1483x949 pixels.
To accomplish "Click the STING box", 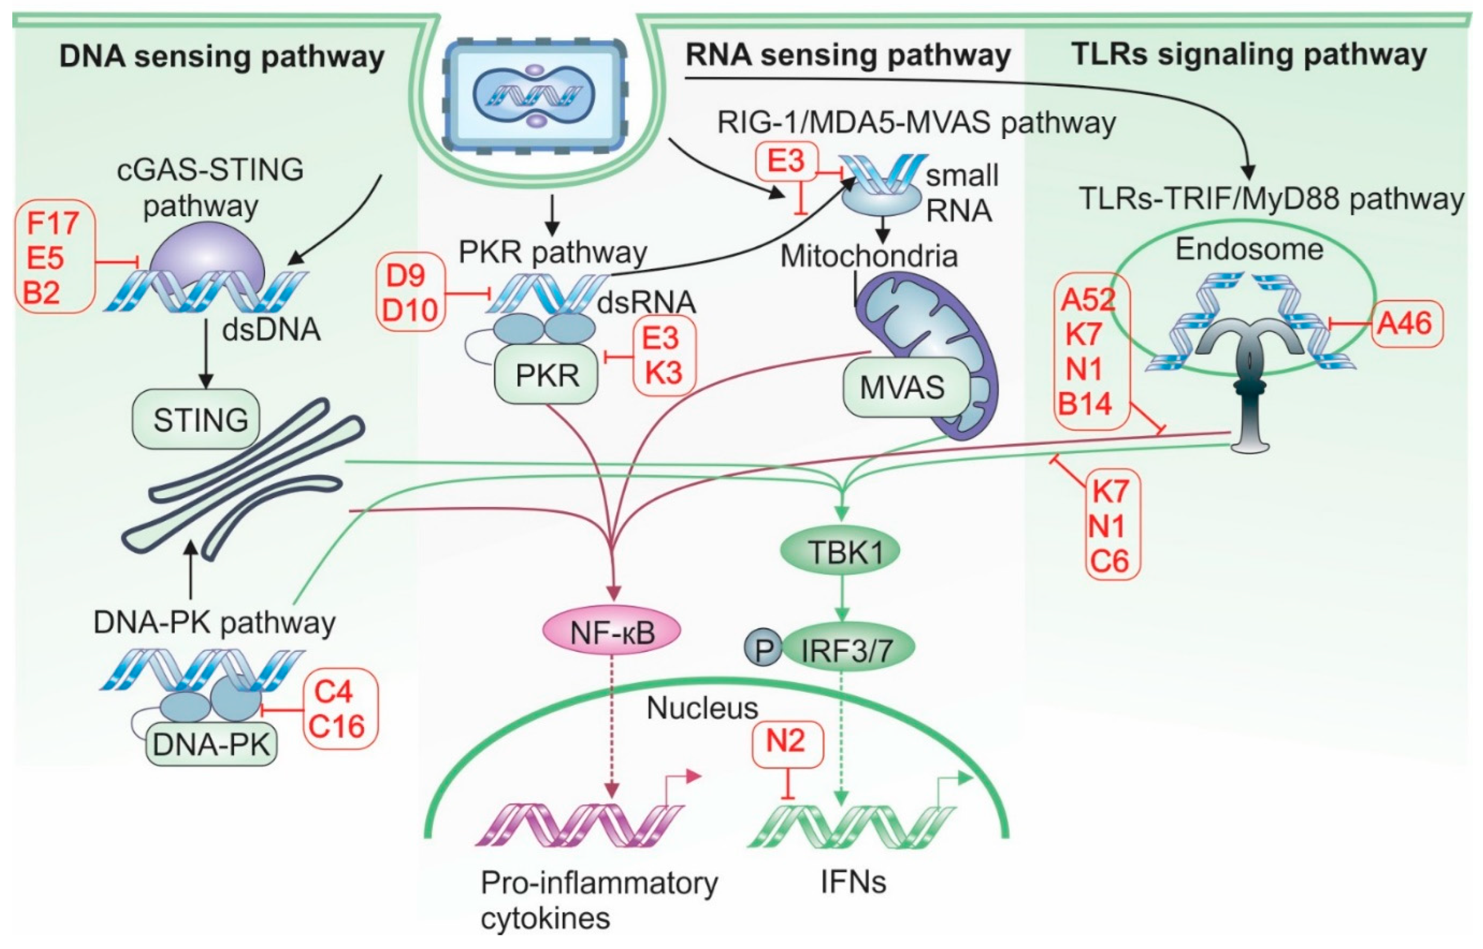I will [x=196, y=419].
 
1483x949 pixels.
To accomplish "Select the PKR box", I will [x=546, y=375].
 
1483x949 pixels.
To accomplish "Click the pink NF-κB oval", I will [x=612, y=632].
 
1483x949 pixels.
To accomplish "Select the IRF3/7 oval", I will [x=848, y=649].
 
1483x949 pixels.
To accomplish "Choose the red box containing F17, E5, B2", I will [x=54, y=257].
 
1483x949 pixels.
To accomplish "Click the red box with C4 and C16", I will [x=339, y=709].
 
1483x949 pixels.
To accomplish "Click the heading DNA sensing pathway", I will [x=222, y=57].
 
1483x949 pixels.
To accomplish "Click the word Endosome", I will [x=1249, y=249].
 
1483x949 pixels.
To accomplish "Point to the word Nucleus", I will [x=702, y=708].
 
